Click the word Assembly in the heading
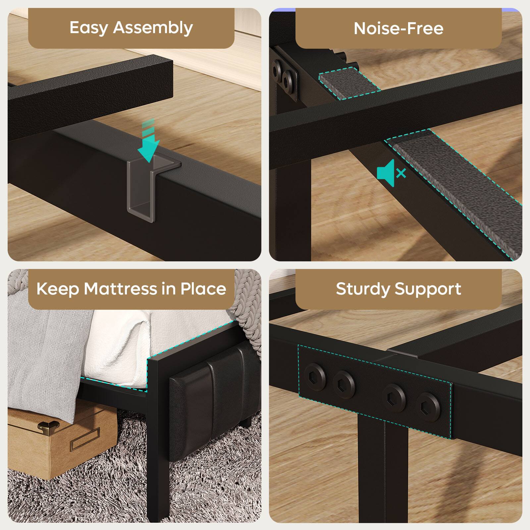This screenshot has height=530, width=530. [x=153, y=28]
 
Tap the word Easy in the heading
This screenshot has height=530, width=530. [x=88, y=28]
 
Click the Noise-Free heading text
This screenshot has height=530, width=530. [x=398, y=28]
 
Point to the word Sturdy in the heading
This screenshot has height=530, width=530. [x=363, y=289]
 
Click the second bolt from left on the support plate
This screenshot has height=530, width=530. [x=344, y=384]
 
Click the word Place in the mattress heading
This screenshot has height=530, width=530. [x=203, y=289]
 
